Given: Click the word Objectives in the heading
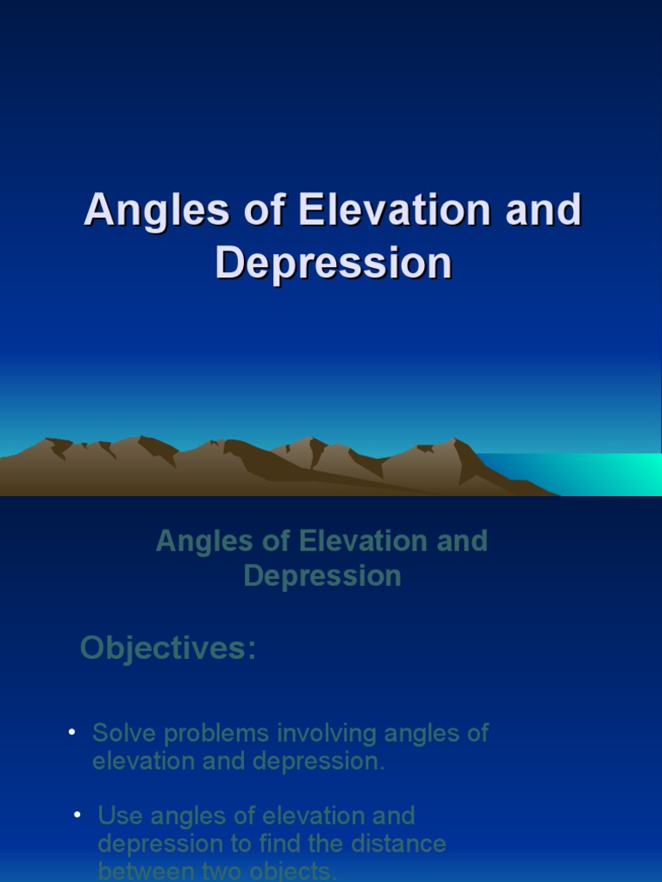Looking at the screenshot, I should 167,649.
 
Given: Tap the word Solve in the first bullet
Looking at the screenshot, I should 125,734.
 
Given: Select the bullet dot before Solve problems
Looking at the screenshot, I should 72,733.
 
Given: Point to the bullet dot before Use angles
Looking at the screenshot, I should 78,814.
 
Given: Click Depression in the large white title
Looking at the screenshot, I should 333,263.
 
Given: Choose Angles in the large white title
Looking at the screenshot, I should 159,211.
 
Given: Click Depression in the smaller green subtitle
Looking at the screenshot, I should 322,575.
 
